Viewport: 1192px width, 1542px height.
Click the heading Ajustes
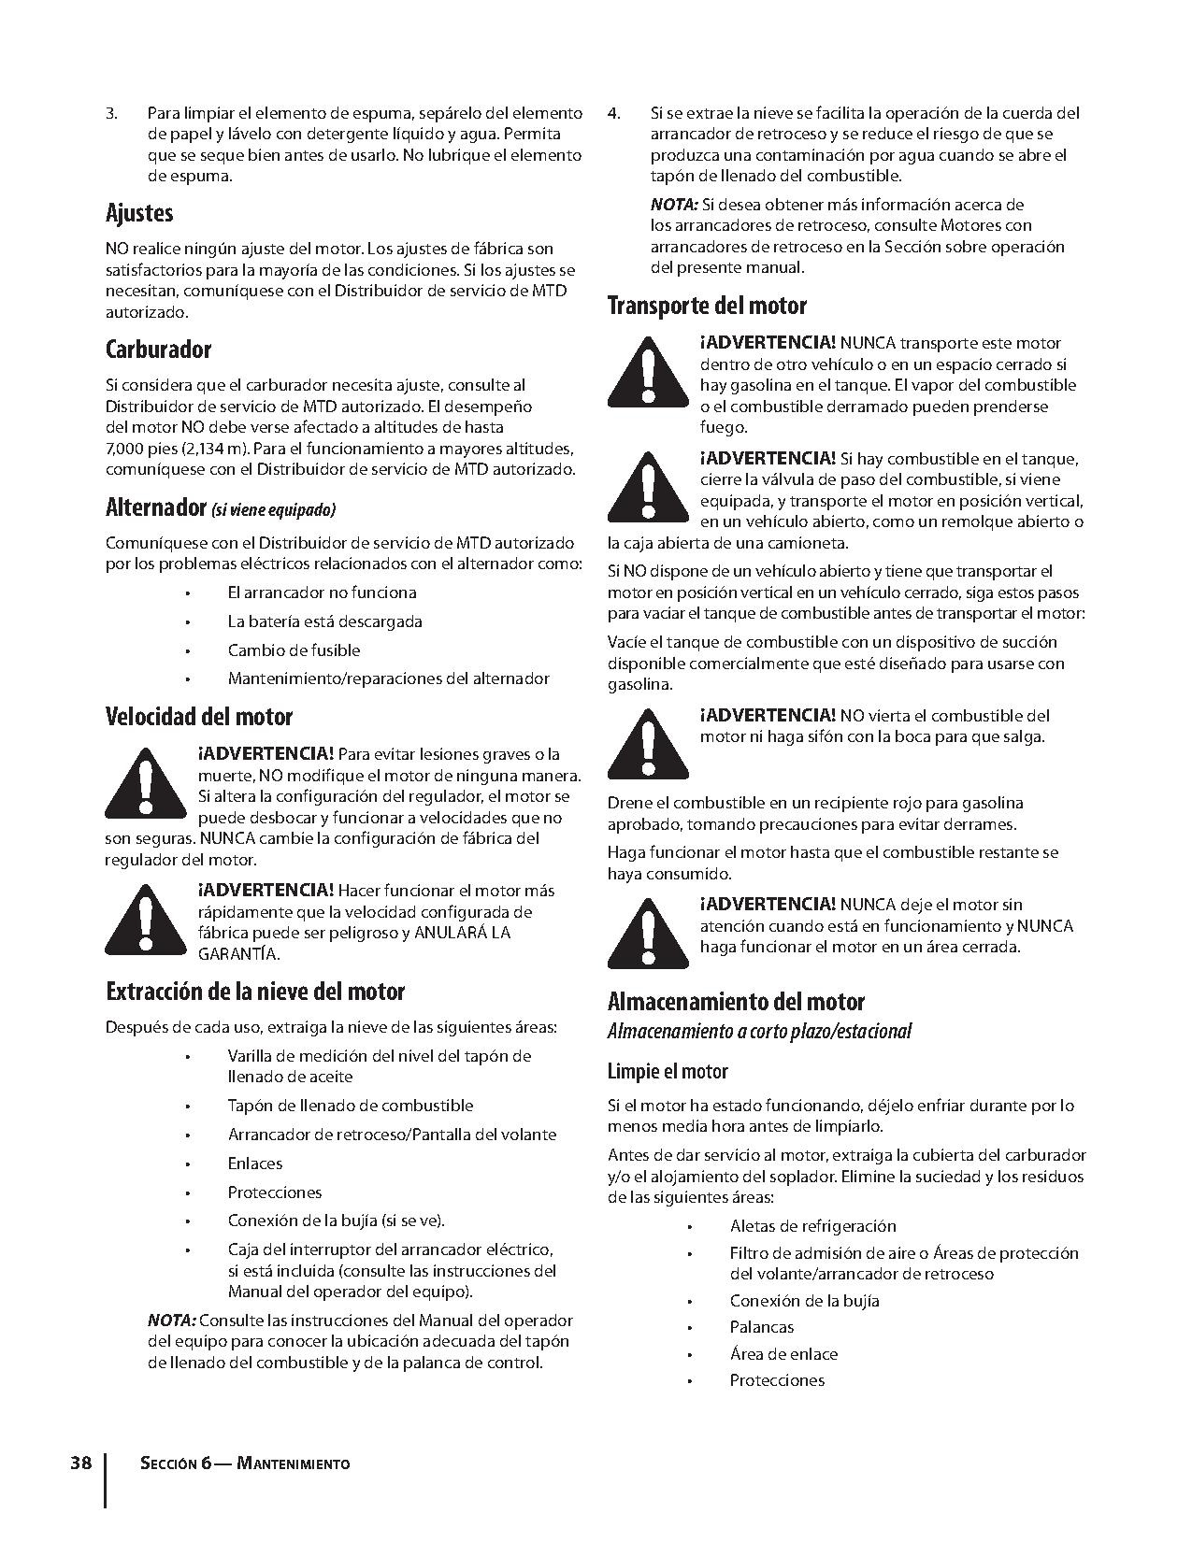(139, 214)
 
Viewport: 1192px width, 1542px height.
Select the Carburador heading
(158, 350)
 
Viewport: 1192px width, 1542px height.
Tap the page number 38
(81, 1463)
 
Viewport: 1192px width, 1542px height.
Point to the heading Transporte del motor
(707, 306)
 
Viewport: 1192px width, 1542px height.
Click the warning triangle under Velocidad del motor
(145, 783)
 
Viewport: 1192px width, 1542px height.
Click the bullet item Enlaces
(254, 1164)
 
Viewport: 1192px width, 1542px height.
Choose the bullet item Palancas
(762, 1327)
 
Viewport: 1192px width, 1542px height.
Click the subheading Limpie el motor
(668, 1071)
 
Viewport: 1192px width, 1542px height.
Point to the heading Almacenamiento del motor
(736, 1002)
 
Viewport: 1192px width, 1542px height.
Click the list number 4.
(613, 114)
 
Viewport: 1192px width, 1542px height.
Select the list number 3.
(111, 114)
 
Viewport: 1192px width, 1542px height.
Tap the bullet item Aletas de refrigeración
(812, 1226)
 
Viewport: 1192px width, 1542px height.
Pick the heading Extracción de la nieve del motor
(255, 992)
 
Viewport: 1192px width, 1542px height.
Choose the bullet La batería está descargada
(324, 621)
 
